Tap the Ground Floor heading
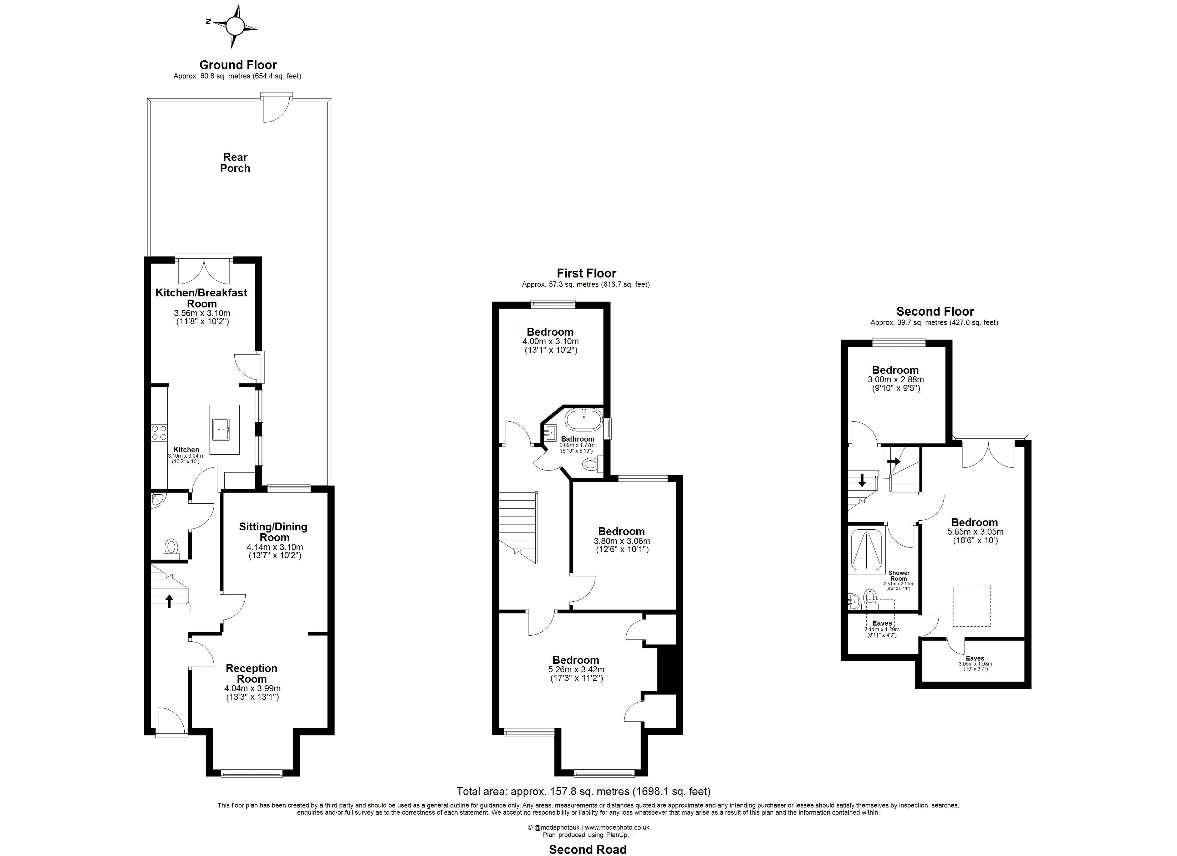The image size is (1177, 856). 238,65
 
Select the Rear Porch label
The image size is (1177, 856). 235,163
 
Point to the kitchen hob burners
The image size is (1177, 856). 159,433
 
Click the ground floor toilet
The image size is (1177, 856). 171,547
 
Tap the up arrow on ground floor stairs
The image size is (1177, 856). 169,601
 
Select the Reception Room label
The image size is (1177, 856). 252,673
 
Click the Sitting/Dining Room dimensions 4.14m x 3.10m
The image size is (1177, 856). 275,547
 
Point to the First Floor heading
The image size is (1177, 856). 586,273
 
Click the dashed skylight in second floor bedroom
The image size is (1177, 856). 972,605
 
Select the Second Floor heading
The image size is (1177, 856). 935,311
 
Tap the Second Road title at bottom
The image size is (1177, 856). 587,849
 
